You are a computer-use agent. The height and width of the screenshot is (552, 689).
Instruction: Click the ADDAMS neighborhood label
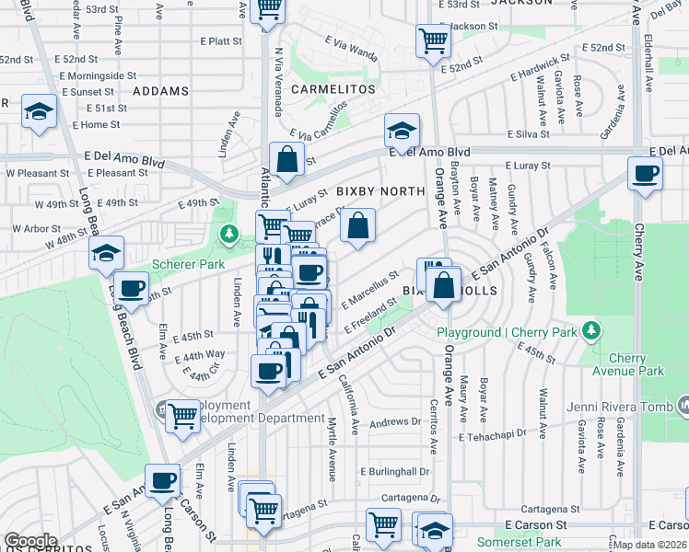click(160, 91)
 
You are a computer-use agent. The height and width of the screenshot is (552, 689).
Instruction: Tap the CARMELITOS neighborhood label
click(333, 89)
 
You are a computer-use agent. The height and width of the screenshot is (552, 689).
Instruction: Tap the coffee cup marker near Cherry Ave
click(646, 172)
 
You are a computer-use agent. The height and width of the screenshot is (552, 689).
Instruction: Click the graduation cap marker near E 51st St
click(39, 112)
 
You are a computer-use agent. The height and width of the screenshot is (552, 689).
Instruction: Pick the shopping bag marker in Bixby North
click(357, 224)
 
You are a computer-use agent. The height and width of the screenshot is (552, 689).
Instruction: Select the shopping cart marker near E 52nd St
click(432, 40)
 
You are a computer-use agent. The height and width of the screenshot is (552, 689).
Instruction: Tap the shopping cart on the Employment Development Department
click(182, 417)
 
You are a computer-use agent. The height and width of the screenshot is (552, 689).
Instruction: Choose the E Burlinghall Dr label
click(395, 471)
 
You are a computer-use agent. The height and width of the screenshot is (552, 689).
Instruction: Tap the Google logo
click(30, 541)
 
